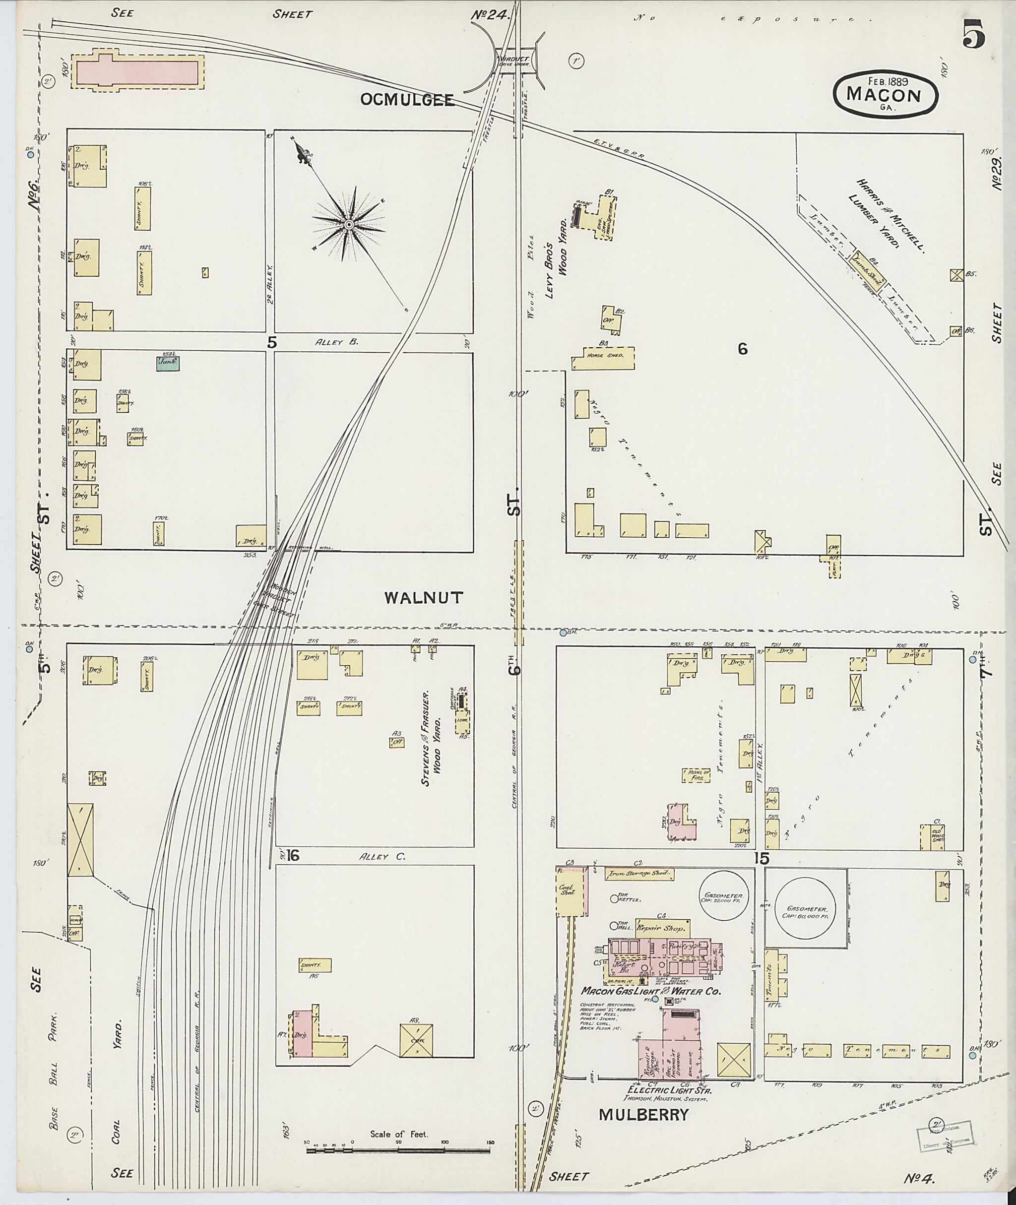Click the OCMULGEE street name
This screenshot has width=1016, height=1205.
pyautogui.click(x=407, y=100)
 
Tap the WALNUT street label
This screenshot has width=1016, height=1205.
pyautogui.click(x=424, y=598)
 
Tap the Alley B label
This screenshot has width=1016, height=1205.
pyautogui.click(x=336, y=342)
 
